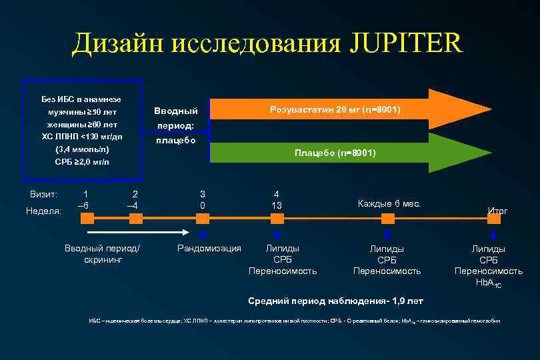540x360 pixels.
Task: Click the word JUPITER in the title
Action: coord(405,44)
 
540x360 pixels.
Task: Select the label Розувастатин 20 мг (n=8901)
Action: coord(335,109)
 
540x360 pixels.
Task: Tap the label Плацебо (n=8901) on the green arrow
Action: coord(335,153)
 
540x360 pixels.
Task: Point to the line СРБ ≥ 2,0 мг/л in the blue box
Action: coord(82,162)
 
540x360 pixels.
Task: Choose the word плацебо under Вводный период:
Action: coord(175,141)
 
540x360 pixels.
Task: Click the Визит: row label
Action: coord(44,194)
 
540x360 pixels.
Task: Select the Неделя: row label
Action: coord(43,211)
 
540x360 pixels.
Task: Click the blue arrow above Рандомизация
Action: coord(203,235)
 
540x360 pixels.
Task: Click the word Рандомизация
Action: coord(209,249)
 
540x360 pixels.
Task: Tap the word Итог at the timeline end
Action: coord(497,211)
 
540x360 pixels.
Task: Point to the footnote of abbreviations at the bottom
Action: coord(294,321)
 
